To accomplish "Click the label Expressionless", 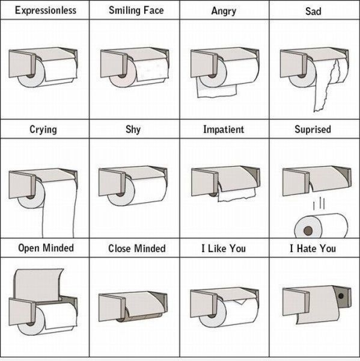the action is [x=46, y=11].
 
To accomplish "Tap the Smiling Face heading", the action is [x=136, y=11].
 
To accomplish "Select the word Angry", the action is [x=224, y=11].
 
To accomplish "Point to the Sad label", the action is [x=313, y=11].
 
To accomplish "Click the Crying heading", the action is [x=43, y=129].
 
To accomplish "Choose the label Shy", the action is [x=133, y=129].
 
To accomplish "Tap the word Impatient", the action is [x=224, y=129].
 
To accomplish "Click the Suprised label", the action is [x=313, y=129].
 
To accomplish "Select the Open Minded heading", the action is [x=46, y=248].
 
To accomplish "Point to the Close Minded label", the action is [x=137, y=248].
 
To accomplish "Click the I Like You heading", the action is [x=224, y=248].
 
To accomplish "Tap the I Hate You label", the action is [x=313, y=248].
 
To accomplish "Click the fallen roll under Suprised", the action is [x=321, y=226].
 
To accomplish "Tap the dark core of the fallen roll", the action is [x=308, y=230].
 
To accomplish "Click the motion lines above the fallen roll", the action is [x=319, y=203].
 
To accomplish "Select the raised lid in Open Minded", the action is [x=38, y=285].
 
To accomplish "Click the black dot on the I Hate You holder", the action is [x=341, y=296].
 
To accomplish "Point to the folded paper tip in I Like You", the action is [x=240, y=301].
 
